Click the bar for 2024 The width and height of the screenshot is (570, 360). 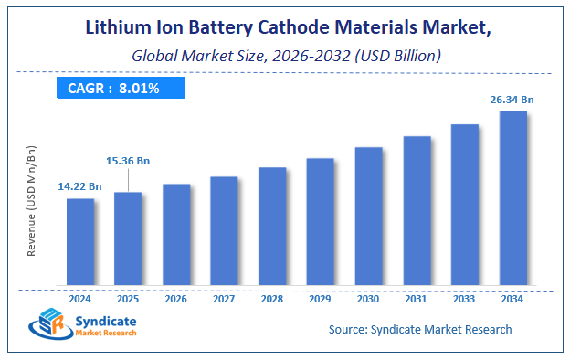click(79, 241)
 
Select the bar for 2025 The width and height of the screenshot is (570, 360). click(128, 238)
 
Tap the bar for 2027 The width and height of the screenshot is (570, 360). click(224, 229)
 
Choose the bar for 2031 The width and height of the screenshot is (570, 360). click(417, 209)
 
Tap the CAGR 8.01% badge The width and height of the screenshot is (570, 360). click(119, 88)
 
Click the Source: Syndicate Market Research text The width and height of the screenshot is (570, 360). click(419, 329)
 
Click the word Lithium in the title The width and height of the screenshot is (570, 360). click(120, 28)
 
